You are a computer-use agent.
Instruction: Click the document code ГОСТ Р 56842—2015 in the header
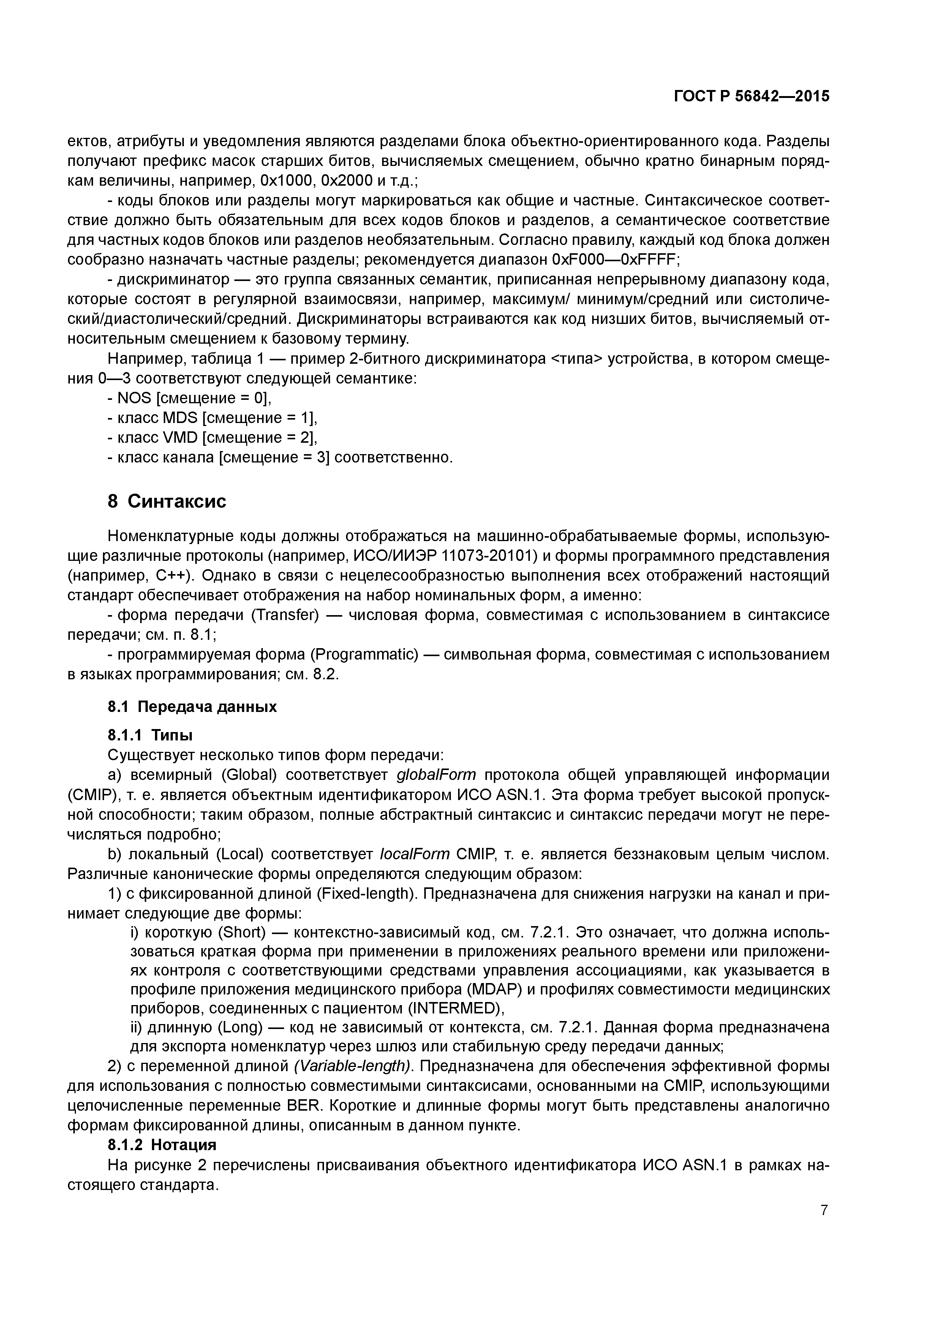point(752,96)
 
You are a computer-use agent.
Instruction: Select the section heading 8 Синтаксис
point(167,501)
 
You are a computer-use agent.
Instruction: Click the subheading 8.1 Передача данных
point(192,707)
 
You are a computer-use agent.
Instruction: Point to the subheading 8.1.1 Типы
point(150,735)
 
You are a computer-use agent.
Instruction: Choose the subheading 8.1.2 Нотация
point(162,1145)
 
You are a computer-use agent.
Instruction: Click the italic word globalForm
point(436,775)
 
